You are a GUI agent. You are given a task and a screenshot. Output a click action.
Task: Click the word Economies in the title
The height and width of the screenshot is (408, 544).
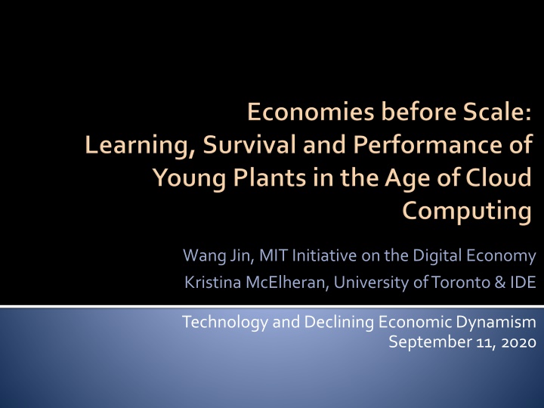(311, 112)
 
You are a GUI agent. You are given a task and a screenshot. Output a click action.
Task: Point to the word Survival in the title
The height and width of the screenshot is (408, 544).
(249, 144)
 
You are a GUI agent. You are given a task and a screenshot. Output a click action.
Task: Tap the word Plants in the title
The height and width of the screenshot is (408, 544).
(269, 178)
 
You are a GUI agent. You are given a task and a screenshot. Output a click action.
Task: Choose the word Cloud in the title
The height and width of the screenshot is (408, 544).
(498, 178)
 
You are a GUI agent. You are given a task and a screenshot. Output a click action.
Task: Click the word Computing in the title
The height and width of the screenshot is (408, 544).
(467, 212)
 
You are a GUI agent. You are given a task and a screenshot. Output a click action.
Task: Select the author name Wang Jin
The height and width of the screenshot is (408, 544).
(217, 256)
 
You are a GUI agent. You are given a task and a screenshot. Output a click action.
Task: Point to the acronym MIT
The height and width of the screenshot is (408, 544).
(274, 255)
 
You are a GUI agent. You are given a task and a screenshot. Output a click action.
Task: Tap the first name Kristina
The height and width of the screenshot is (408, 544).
(212, 283)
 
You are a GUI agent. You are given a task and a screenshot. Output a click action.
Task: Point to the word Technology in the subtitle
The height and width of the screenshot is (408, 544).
(225, 323)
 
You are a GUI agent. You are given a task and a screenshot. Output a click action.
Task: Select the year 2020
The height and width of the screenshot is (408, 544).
(519, 343)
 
